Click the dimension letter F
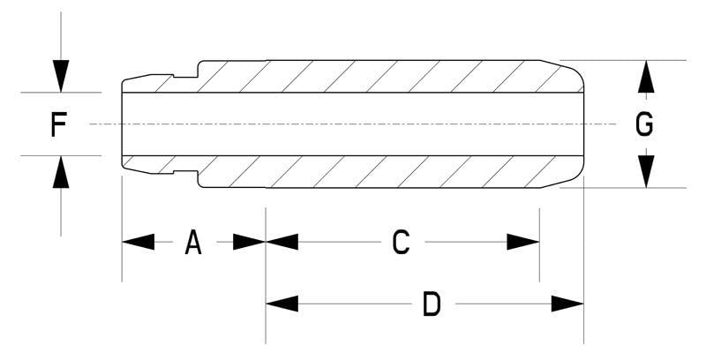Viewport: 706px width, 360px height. click(59, 125)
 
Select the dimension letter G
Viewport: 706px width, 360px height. click(645, 125)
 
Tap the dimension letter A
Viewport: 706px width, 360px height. click(193, 242)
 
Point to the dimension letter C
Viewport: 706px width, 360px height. click(401, 242)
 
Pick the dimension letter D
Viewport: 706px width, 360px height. click(432, 304)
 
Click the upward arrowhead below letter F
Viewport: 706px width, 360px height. click(60, 172)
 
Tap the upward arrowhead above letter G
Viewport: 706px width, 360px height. click(646, 77)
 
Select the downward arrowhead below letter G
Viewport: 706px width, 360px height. click(646, 169)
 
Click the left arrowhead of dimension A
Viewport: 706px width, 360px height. click(138, 242)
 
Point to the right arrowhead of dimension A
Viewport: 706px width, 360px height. click(249, 242)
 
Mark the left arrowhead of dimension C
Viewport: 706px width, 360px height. click(282, 242)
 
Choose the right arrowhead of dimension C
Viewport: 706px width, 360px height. click(522, 242)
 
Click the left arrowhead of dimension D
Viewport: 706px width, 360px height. click(282, 304)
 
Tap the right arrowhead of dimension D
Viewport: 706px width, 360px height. click(567, 304)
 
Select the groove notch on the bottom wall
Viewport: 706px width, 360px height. click(184, 172)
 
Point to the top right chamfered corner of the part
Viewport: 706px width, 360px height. click(569, 70)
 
